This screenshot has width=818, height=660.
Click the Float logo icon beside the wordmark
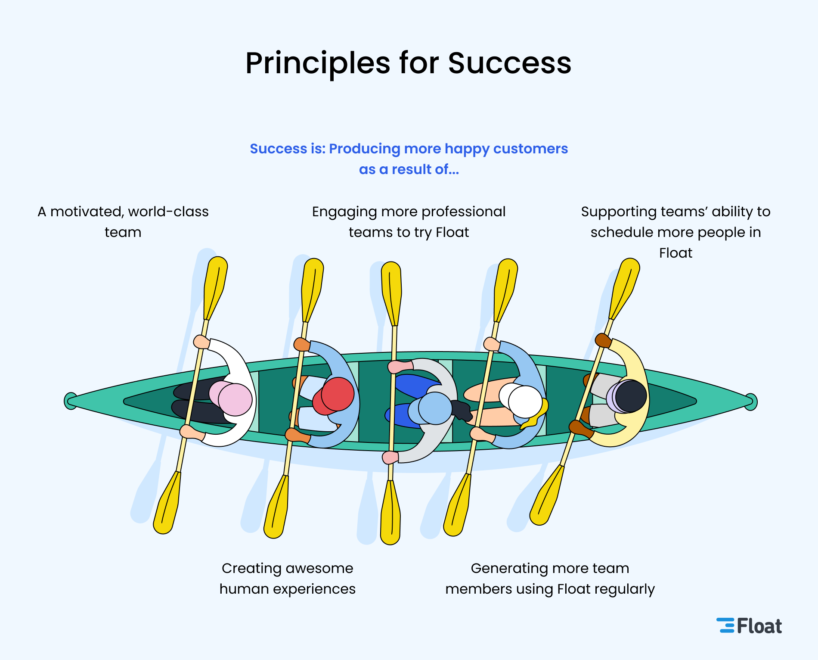click(725, 626)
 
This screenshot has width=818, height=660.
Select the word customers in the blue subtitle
click(530, 149)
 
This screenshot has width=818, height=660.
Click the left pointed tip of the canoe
click(70, 401)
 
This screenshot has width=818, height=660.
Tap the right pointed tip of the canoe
click(751, 402)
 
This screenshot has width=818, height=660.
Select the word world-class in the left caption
click(168, 212)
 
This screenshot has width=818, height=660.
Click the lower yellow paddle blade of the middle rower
click(390, 513)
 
